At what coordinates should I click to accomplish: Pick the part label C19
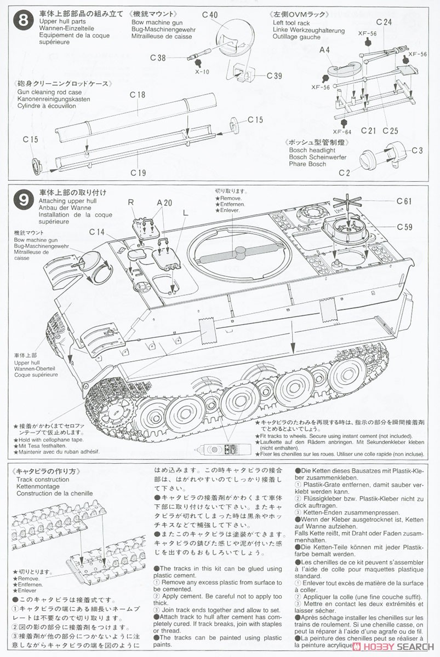(x=138, y=173)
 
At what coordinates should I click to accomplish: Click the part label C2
(x=344, y=173)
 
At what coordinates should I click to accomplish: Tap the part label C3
(x=417, y=150)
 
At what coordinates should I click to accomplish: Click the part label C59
(x=404, y=227)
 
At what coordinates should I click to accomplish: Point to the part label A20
(x=164, y=202)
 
